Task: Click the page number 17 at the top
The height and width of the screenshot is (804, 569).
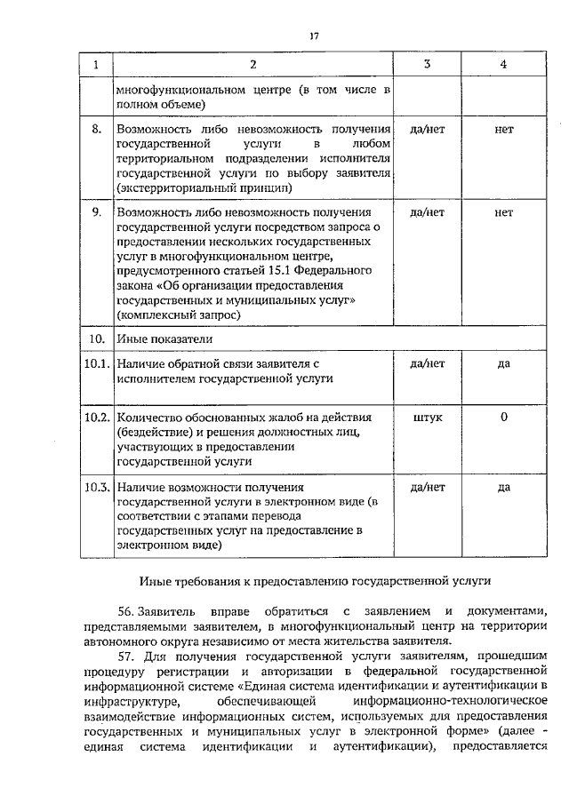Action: (313, 36)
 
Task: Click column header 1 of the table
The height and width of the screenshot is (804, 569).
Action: (96, 65)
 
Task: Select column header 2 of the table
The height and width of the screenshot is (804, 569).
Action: (252, 65)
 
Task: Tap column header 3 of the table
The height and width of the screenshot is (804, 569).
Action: (427, 65)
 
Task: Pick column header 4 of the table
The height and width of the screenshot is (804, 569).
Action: (503, 65)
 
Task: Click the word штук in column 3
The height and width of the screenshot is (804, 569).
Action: (427, 417)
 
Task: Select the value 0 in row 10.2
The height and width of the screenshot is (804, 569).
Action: (503, 417)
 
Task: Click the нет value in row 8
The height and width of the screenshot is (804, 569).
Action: (503, 130)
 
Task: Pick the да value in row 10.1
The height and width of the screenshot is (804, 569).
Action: (503, 364)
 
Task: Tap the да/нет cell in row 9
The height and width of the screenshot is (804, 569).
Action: (427, 213)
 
